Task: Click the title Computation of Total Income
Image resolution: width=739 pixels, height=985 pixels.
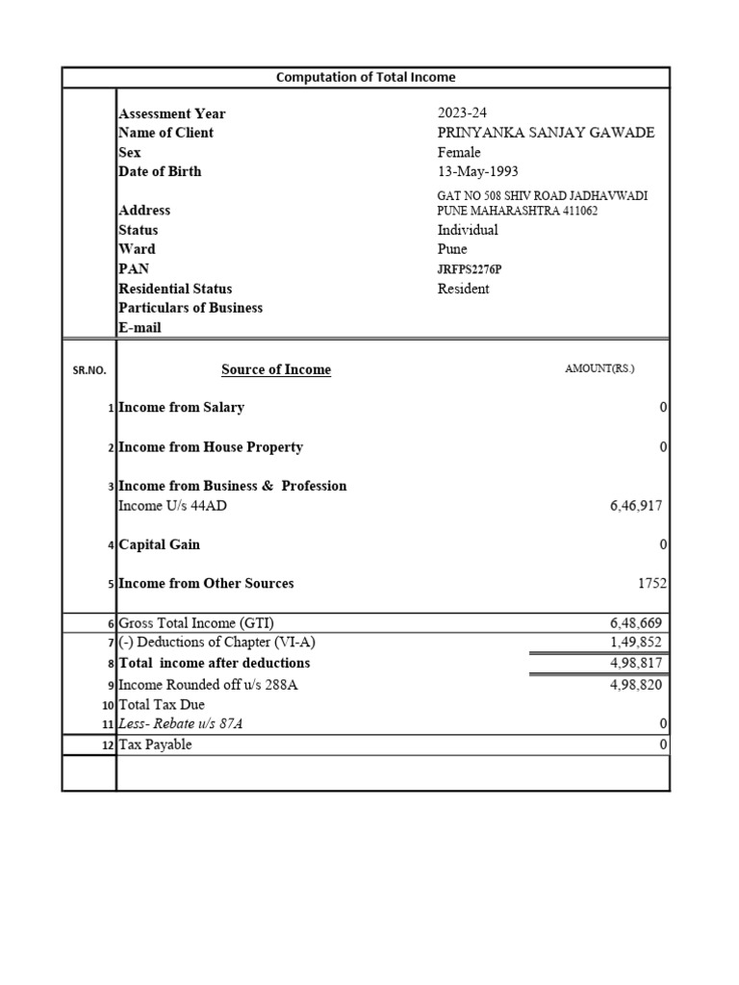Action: (x=366, y=77)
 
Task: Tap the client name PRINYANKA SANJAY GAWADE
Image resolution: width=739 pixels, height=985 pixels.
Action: (x=546, y=133)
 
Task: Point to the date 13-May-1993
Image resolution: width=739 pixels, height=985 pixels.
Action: (x=478, y=172)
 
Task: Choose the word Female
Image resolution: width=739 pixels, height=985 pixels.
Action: (x=459, y=153)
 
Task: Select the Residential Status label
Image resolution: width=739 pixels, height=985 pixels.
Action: (x=175, y=289)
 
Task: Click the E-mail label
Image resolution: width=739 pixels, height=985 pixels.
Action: (x=140, y=328)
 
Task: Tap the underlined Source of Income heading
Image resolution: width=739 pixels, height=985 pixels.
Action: (x=276, y=369)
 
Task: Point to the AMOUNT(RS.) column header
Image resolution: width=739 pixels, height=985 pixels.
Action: (x=599, y=368)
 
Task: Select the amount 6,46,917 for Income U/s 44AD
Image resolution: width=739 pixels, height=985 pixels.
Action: (x=635, y=506)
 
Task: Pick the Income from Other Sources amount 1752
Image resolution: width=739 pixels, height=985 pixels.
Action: (x=650, y=584)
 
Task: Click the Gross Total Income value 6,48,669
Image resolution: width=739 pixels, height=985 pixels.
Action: (x=635, y=623)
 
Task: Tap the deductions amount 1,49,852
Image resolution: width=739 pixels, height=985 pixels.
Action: (x=635, y=643)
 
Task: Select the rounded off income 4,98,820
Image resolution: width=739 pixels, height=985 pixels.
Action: (x=635, y=685)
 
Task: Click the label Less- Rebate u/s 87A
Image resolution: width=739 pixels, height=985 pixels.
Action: (x=180, y=724)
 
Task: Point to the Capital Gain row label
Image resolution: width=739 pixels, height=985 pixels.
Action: (x=159, y=544)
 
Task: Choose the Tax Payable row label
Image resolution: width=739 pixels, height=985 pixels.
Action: (x=155, y=745)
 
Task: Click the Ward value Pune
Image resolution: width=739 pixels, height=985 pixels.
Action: (x=452, y=250)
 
